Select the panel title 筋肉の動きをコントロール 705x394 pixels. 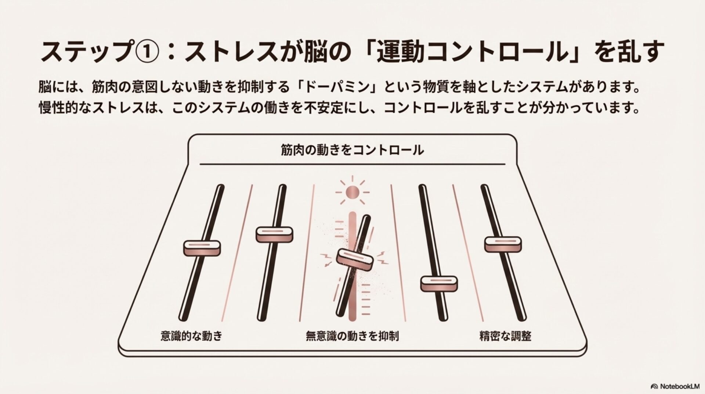tap(352, 150)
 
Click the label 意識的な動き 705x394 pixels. tap(192, 336)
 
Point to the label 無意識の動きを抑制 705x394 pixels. tap(352, 336)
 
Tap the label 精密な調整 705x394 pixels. tap(505, 336)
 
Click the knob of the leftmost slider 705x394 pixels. tap(202, 248)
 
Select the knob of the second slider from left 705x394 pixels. tap(274, 234)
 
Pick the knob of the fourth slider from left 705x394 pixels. tap(439, 283)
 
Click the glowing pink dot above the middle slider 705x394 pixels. tap(352, 191)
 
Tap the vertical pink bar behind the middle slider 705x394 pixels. tap(352, 265)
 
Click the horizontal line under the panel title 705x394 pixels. tap(352, 164)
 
